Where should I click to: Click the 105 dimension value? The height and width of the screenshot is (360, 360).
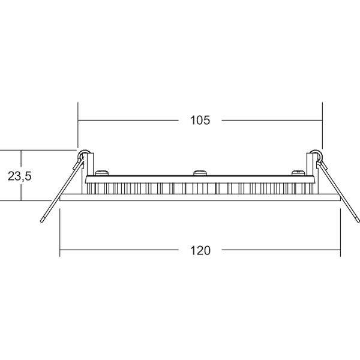(200, 121)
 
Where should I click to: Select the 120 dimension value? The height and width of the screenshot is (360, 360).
(200, 250)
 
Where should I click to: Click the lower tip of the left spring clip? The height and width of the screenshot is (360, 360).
(42, 220)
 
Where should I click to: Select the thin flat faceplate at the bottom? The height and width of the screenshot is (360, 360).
(200, 197)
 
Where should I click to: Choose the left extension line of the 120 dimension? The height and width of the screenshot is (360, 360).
(60, 237)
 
